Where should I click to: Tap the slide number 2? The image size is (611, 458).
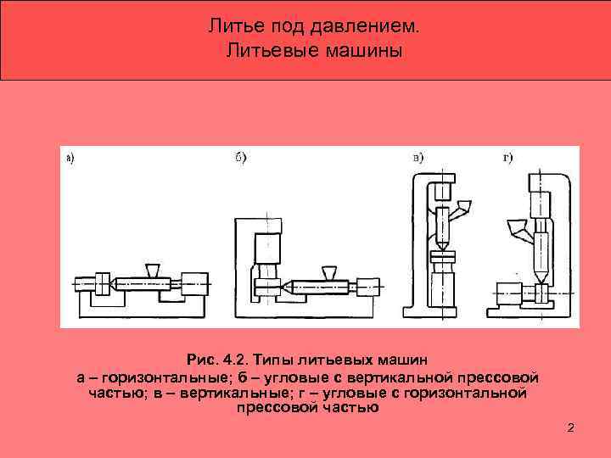coord(570,427)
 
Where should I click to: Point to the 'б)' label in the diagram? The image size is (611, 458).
coord(239,159)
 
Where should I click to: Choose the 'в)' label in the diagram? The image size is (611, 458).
coord(418,157)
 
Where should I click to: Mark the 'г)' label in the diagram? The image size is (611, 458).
coord(507,157)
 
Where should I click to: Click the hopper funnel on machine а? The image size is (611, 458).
coord(153,269)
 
